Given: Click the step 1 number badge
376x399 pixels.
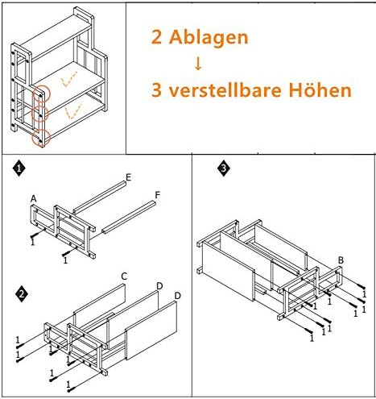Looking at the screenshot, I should tap(18, 170).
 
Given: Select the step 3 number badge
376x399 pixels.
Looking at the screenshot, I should tap(223, 169).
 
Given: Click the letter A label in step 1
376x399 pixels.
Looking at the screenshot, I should tap(34, 198).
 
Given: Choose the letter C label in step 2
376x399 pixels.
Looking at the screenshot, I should tap(124, 276).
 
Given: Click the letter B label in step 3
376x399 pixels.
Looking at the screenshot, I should tap(341, 260).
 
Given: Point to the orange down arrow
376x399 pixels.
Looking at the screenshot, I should tap(198, 63).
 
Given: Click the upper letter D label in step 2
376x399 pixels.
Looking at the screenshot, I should tap(159, 285).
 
